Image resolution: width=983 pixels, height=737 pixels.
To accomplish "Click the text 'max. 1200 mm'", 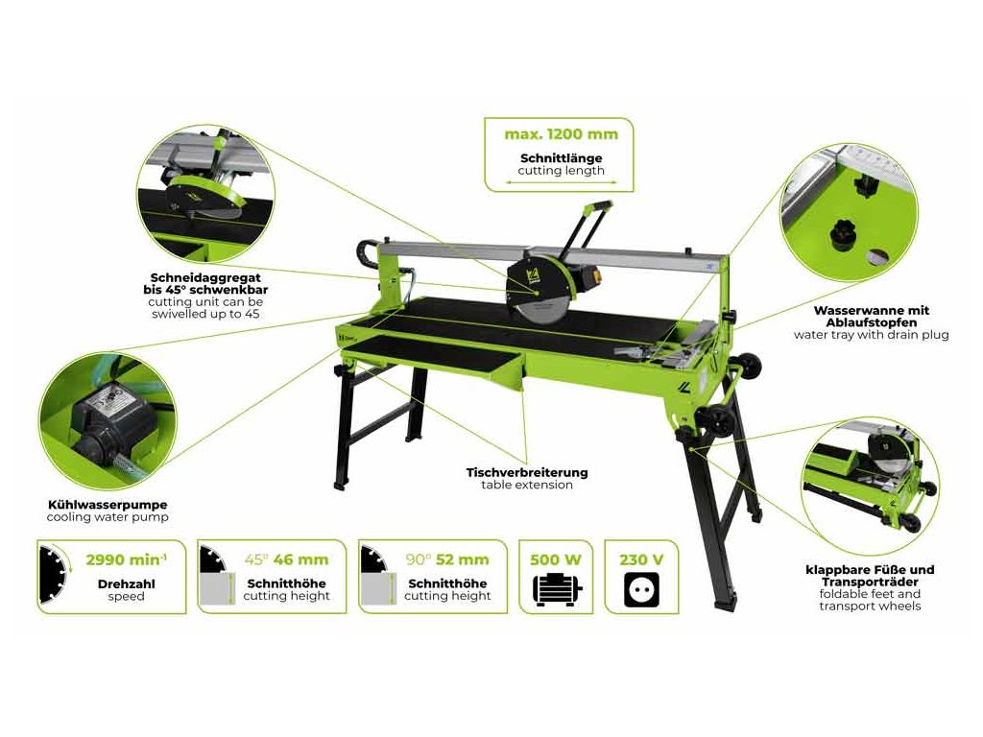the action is (x=561, y=134).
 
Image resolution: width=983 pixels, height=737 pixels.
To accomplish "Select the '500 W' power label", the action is (x=556, y=559).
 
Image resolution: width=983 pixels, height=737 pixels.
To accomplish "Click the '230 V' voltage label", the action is (x=641, y=559).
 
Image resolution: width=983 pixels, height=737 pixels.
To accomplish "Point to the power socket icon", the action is (x=642, y=590).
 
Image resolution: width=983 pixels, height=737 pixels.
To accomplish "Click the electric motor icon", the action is (x=557, y=590).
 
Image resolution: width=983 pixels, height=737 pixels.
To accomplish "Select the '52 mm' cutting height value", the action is (x=463, y=559).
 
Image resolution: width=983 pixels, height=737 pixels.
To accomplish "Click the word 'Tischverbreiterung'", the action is (x=527, y=472).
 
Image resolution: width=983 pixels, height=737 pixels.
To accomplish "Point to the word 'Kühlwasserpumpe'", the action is (x=108, y=505).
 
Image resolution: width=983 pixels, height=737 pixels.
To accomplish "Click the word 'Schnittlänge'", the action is (x=561, y=158).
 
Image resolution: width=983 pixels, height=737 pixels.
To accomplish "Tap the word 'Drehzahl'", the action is (x=126, y=584).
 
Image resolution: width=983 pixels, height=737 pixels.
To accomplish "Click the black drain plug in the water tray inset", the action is (x=844, y=234).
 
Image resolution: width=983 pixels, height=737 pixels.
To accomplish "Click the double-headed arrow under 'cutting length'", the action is (x=561, y=183).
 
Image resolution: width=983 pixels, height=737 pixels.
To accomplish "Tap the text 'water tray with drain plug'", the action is (x=871, y=335).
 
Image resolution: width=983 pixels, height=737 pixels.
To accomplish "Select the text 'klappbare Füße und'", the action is (x=870, y=570).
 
